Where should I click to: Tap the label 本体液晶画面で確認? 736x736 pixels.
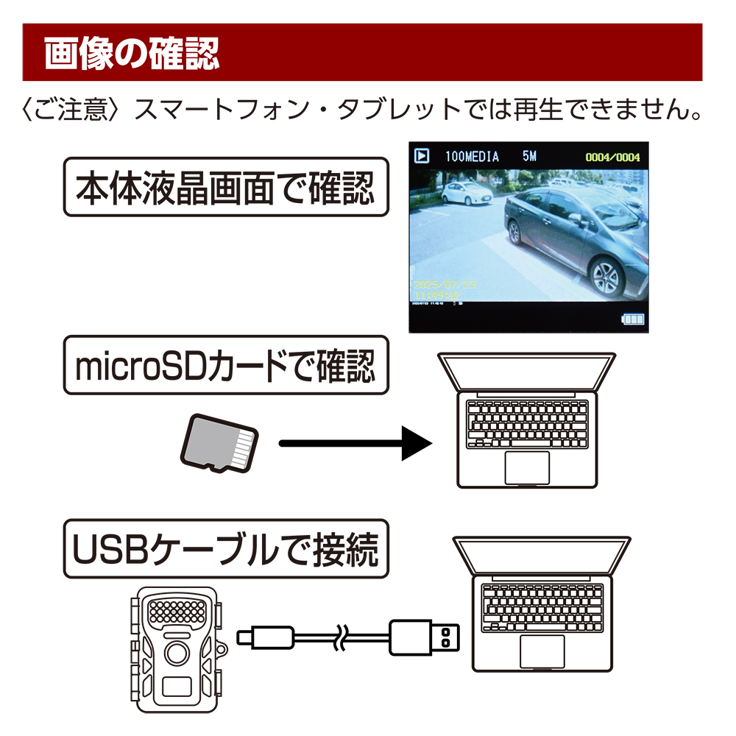click(x=225, y=187)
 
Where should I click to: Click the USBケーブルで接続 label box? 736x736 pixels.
click(x=225, y=548)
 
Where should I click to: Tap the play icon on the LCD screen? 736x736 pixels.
click(x=422, y=156)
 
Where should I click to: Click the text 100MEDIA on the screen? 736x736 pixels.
click(x=472, y=157)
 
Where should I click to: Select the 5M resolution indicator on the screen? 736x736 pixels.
click(x=530, y=157)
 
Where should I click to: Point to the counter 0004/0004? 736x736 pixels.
click(x=612, y=158)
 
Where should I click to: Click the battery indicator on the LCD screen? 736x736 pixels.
click(x=631, y=319)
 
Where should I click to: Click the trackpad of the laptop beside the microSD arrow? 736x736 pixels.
click(x=527, y=467)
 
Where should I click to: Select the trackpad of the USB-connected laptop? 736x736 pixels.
click(x=542, y=650)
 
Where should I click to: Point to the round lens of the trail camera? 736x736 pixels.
click(x=177, y=652)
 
